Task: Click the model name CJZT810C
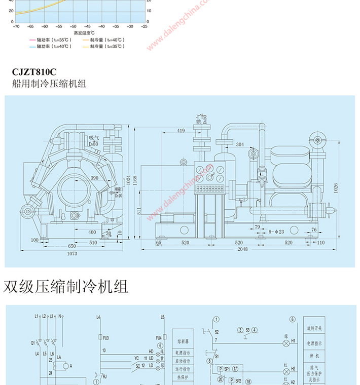coord(34,72)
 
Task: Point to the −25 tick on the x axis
coord(145,26)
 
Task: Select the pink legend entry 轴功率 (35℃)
coord(49,40)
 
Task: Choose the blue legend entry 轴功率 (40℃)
coord(49,46)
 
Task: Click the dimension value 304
coord(240,145)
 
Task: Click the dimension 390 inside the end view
coord(94,178)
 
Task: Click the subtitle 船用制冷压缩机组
coord(49,84)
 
